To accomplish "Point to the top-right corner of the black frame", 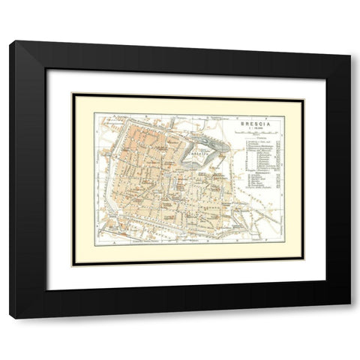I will [x=350, y=41].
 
